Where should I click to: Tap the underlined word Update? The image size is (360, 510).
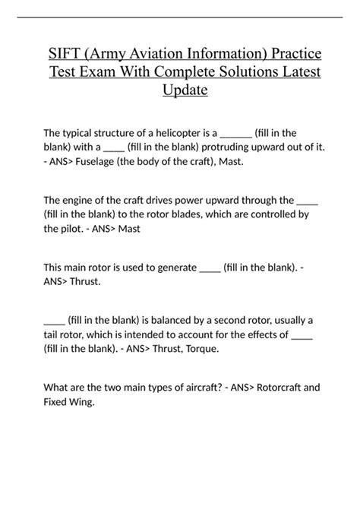[185, 91]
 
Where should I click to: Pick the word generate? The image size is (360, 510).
[172, 268]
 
